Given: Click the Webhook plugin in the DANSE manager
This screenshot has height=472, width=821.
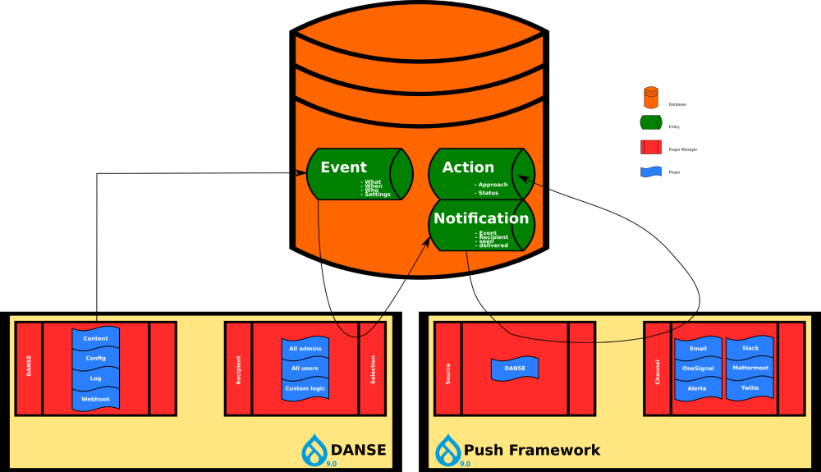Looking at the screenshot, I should click(96, 398).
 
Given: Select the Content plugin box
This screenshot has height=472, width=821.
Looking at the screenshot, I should click(96, 338).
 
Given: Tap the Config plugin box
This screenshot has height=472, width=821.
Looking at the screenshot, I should click(96, 358).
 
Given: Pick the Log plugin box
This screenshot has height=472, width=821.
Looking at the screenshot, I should click(96, 378).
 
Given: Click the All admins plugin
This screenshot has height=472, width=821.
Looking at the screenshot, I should click(305, 348).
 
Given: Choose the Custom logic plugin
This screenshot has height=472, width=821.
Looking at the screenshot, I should click(305, 388).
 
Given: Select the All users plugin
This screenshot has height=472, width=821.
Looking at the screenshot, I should click(305, 368).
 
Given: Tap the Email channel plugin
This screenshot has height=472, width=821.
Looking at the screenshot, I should click(698, 348).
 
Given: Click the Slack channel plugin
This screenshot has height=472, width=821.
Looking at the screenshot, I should click(750, 348).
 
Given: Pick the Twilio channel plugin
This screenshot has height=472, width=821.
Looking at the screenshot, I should click(750, 387).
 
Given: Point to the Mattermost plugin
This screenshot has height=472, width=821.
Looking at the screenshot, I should click(750, 368).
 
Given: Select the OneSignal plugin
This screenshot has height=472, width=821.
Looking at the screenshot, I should click(698, 368).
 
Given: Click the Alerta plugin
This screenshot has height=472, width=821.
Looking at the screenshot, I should click(698, 387).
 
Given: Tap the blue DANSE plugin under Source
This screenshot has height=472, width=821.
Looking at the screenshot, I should click(515, 369).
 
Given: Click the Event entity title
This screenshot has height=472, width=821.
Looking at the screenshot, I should click(343, 167).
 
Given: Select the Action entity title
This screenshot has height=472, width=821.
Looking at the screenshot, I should click(468, 167).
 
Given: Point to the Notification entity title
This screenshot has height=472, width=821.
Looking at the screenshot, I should click(481, 218).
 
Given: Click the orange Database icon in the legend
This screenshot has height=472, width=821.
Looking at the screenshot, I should click(651, 97).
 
